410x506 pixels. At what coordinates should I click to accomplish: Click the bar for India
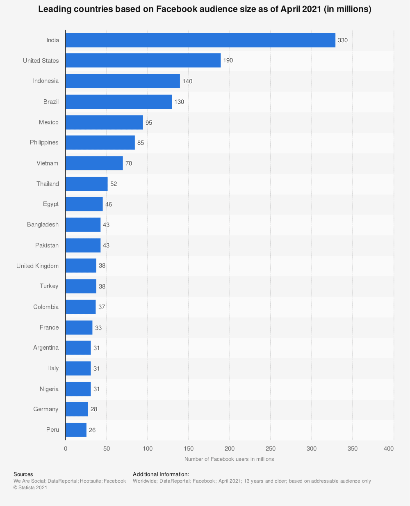click(200, 40)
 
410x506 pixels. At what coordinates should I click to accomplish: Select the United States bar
click(143, 60)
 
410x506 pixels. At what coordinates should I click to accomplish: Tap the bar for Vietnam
click(94, 163)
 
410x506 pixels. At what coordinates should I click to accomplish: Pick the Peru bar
click(76, 430)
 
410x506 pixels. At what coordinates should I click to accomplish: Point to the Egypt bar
click(84, 204)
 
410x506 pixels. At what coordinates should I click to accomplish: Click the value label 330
click(342, 40)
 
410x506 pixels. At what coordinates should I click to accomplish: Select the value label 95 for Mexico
click(149, 122)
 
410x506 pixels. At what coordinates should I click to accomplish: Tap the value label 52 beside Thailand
click(114, 184)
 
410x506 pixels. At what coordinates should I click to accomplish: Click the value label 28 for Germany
click(94, 409)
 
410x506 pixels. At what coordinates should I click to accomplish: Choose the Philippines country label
click(44, 142)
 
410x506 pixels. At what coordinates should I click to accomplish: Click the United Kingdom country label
click(37, 266)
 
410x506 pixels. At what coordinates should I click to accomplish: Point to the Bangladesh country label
click(43, 224)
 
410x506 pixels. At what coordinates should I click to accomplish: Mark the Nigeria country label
click(49, 389)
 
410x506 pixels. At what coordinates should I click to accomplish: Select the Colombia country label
click(46, 307)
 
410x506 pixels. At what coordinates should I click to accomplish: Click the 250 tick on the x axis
click(271, 449)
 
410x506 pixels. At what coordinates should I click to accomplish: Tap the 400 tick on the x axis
click(388, 449)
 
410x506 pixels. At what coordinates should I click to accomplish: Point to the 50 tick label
click(107, 449)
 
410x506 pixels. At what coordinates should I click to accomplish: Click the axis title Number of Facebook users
click(229, 459)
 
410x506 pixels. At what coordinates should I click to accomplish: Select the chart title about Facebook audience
click(205, 9)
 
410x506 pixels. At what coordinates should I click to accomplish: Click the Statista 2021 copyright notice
click(30, 488)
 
